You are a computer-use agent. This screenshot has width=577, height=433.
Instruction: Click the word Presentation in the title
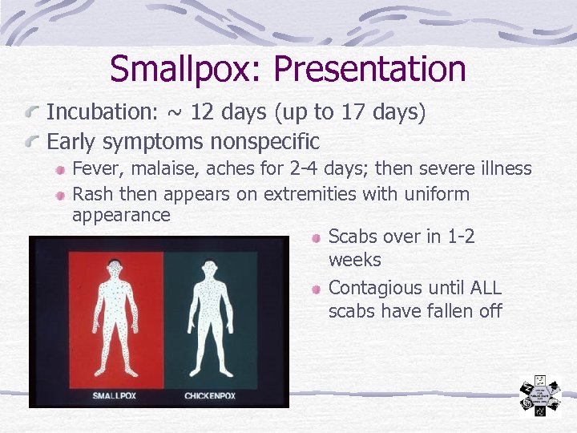[x=369, y=69]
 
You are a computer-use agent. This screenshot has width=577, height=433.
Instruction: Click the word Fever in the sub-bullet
[x=95, y=168]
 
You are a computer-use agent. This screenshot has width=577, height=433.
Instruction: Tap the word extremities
[x=307, y=194]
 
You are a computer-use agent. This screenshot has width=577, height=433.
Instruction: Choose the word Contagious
[x=377, y=287]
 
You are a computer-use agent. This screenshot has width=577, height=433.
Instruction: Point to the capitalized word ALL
[x=483, y=287]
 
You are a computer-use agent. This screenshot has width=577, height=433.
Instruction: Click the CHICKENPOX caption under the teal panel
[x=210, y=395]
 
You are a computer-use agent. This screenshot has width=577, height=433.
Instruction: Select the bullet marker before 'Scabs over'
[x=317, y=237]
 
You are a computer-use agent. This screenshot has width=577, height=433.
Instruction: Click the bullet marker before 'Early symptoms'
[x=34, y=143]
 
